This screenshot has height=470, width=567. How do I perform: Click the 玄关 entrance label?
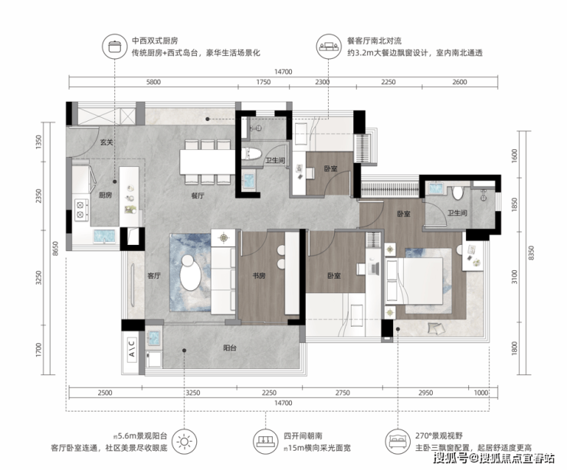point(106,142)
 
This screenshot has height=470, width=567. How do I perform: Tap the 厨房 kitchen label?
point(105,195)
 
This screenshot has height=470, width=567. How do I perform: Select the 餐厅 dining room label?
point(198,196)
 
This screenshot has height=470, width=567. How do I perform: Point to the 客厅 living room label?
point(154,276)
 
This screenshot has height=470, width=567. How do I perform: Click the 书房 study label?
point(259,276)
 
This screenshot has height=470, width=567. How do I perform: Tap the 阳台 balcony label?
point(230,348)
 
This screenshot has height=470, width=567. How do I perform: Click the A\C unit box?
point(132,348)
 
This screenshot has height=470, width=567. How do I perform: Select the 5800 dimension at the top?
point(153,82)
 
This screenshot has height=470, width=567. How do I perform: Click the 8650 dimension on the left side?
point(55,249)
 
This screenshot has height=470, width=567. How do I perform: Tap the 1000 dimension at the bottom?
point(480,393)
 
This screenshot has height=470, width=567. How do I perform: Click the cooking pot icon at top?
point(115,46)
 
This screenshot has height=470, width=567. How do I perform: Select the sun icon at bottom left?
point(185,442)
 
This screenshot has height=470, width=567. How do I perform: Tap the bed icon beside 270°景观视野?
point(398,442)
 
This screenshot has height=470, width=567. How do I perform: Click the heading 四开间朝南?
point(303,436)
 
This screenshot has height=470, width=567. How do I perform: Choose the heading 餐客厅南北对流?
point(374,41)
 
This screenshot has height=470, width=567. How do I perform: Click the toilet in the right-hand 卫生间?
point(457,193)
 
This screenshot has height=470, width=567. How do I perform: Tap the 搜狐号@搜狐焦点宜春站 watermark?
point(494,458)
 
